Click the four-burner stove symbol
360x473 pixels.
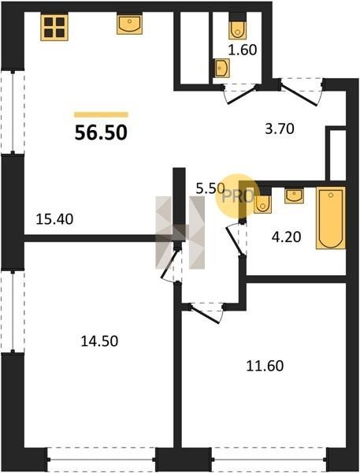click(x=54, y=27)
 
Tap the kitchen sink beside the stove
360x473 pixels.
click(x=130, y=24)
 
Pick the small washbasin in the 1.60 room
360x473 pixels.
click(x=222, y=68)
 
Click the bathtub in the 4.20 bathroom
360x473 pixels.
click(x=331, y=218)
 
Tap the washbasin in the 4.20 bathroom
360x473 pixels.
click(x=294, y=196)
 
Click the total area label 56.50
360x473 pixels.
click(x=101, y=132)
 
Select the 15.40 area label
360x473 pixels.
click(x=54, y=219)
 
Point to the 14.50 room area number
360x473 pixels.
click(x=99, y=341)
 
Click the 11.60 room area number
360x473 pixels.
click(x=265, y=366)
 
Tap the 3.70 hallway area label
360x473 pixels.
click(x=280, y=129)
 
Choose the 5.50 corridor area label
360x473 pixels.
click(x=210, y=189)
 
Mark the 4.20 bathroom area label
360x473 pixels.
click(x=286, y=237)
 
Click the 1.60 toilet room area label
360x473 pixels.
click(x=243, y=50)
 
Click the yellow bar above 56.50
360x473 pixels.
click(x=101, y=114)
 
